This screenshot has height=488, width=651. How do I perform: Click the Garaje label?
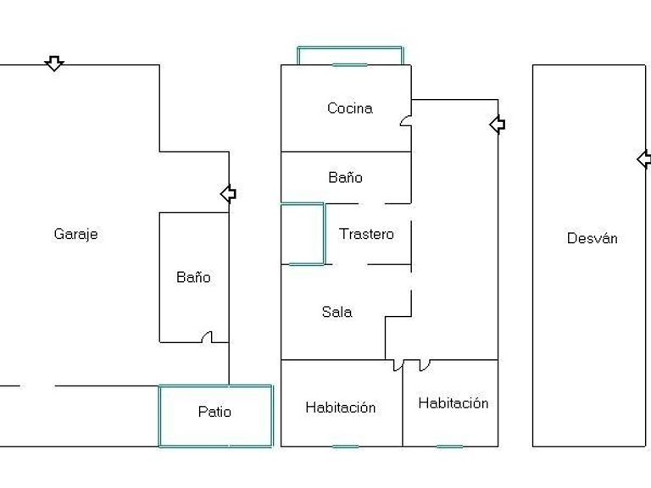[x=75, y=234]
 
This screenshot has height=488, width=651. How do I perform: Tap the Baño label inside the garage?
[x=193, y=277]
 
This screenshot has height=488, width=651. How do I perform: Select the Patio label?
[x=214, y=412]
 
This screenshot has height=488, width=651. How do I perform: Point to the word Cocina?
[x=349, y=108]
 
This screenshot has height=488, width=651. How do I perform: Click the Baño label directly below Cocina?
[x=345, y=177]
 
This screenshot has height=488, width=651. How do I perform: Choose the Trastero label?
[x=366, y=234]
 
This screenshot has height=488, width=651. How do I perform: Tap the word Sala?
[x=337, y=312]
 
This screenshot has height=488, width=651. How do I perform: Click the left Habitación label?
[x=340, y=408]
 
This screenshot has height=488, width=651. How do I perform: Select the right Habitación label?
[x=453, y=403]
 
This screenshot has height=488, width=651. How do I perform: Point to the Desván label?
[x=592, y=238]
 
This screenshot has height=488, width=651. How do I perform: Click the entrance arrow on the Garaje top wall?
[x=54, y=64]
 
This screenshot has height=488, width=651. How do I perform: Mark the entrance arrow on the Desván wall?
[x=644, y=159]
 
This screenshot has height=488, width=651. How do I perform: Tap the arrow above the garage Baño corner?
[x=228, y=194]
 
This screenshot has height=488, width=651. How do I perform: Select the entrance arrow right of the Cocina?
[x=498, y=125]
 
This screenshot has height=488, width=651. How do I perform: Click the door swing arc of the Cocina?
[x=406, y=121]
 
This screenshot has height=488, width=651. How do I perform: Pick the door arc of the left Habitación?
[x=398, y=365]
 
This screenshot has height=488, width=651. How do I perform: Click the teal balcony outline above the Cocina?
[x=349, y=55]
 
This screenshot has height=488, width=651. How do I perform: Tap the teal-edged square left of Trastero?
[x=303, y=234]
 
